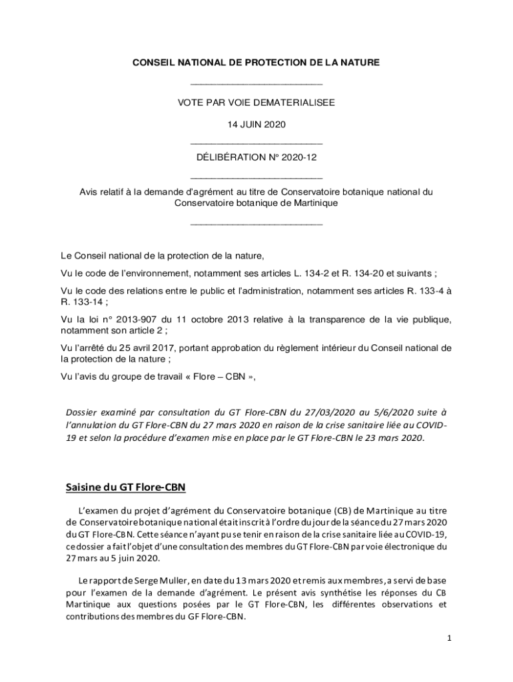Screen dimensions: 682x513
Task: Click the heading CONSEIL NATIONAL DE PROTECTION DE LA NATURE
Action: coord(256,63)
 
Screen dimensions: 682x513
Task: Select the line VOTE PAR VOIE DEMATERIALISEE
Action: coord(256,103)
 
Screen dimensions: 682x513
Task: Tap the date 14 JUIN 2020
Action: coord(256,125)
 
